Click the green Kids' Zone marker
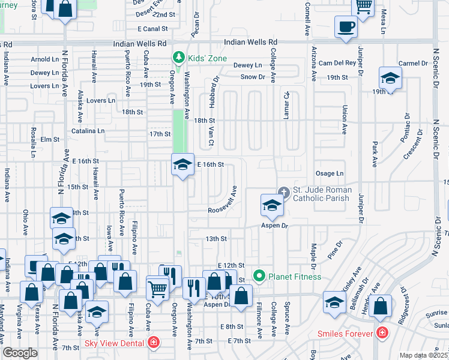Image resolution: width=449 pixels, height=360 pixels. coord(178,58)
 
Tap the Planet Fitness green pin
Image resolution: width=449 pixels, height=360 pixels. coord(259,277)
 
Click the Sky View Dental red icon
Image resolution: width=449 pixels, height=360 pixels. coord(154,343)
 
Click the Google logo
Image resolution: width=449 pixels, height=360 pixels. coord(20,353)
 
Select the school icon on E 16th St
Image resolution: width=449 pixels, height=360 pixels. coord(182,165)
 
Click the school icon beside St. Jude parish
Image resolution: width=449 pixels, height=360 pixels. coord(271,206)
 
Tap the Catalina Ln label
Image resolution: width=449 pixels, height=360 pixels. coord(88,131)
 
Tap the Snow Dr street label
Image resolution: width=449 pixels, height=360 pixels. coord(253,77)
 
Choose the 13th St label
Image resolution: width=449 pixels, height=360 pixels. coord(215,239)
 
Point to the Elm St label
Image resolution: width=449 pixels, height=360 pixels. coord(50,139)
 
